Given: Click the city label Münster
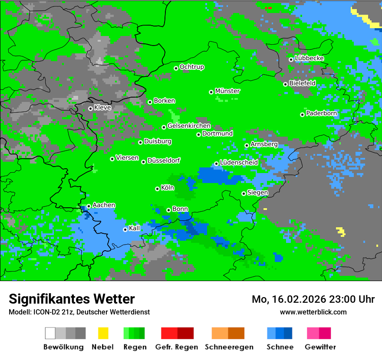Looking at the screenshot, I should click(x=227, y=91).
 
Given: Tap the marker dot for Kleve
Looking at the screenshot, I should click(x=90, y=108).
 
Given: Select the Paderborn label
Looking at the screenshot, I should click(x=322, y=113).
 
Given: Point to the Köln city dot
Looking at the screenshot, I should click(x=157, y=189).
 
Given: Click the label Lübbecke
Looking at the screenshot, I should click(x=309, y=58).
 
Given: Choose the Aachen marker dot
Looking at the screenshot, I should click(x=89, y=206).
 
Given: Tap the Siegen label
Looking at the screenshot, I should click(x=257, y=193).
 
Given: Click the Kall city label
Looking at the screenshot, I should click(x=135, y=228).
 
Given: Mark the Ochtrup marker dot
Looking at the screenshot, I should click(x=176, y=68).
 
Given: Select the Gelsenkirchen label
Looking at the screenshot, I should click(x=189, y=126).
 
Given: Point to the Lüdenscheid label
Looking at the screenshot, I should click(x=239, y=162).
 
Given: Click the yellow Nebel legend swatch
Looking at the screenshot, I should click(x=103, y=333).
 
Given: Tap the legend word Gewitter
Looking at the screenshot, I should click(x=320, y=347).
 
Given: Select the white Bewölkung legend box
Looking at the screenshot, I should click(x=50, y=333).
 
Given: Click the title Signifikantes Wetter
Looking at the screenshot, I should click(x=72, y=299).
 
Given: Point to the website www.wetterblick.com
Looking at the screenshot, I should click(x=313, y=312).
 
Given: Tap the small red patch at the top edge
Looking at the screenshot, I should click(x=269, y=8).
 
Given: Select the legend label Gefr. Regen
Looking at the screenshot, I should click(x=177, y=347).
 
